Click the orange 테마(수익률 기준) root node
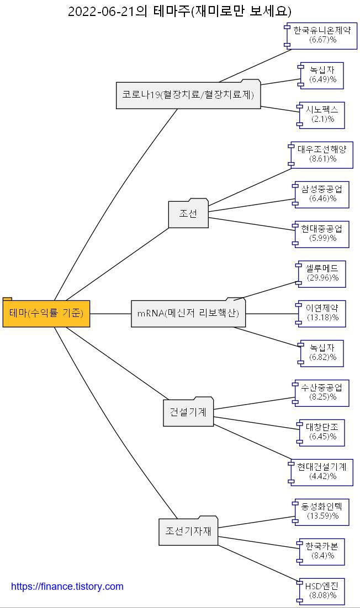coord(46,314)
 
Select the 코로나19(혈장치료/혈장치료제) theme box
coord(188,95)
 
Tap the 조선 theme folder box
coord(188,213)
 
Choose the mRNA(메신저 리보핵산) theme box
coord(188,314)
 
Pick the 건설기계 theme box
coord(188,412)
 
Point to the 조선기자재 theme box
coord(188,531)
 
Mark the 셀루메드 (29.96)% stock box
coord(322,273)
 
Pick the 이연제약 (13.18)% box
coord(322,313)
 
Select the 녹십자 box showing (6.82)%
coord(322,353)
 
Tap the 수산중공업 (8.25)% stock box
coord(322,392)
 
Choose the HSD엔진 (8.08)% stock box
coord(321,591)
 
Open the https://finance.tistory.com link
coord(67,587)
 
